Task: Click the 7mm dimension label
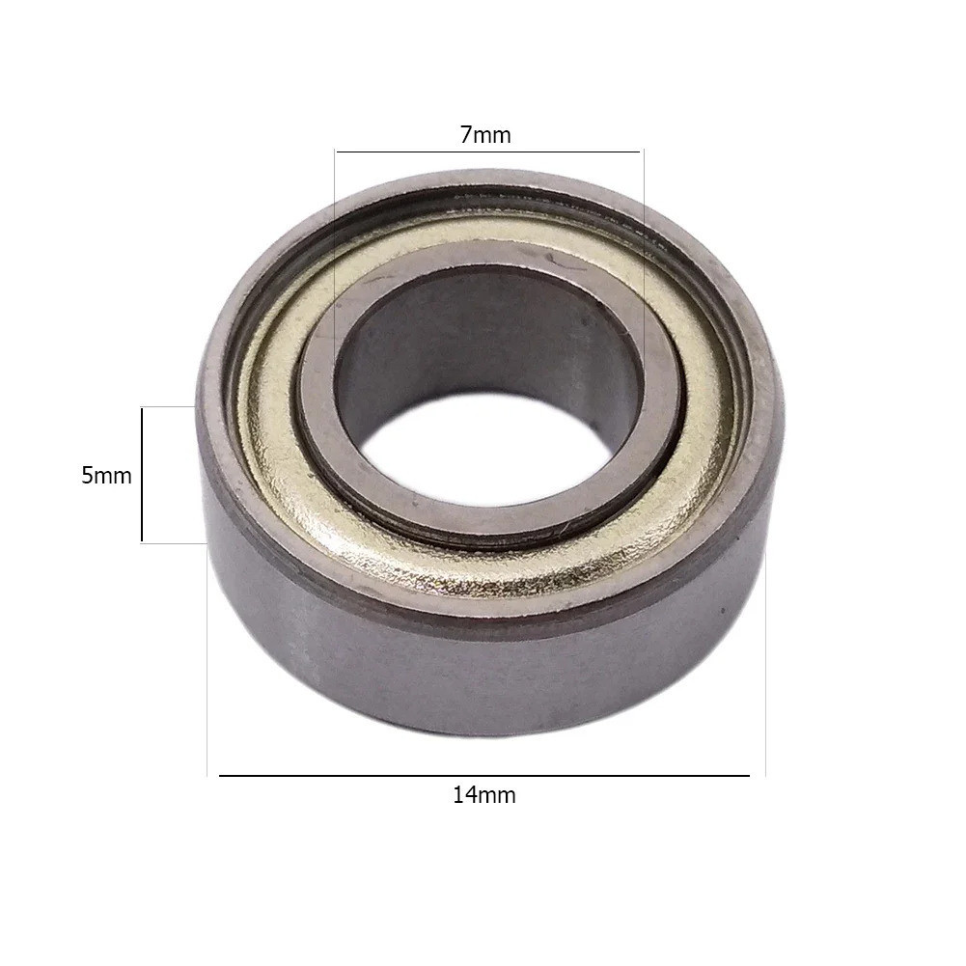(x=485, y=135)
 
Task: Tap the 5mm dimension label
(x=106, y=476)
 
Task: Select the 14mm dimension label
(x=484, y=795)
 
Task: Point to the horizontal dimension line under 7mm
(x=489, y=152)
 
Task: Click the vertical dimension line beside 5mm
(x=142, y=475)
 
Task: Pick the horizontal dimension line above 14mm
(x=484, y=776)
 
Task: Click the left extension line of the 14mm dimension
(x=207, y=659)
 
